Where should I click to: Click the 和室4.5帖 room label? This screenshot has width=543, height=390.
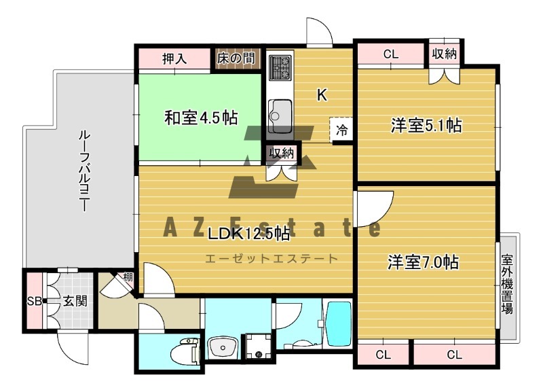tap(201, 118)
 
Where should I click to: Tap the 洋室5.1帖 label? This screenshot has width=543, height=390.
tap(426, 125)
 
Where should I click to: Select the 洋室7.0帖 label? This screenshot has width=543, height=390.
tap(423, 262)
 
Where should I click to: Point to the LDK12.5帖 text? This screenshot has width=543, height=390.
tap(248, 234)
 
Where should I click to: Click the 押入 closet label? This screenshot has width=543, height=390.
tap(174, 58)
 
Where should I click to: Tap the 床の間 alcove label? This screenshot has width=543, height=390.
tap(236, 58)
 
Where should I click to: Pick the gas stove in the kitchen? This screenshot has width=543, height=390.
tap(280, 67)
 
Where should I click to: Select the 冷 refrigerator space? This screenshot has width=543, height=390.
tap(341, 130)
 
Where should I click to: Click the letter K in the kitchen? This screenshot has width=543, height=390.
tap(322, 94)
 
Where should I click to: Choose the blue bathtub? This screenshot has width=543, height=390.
tap(339, 324)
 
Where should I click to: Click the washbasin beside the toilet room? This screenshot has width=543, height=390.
tap(222, 347)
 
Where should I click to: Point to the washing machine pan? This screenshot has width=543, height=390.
tap(259, 347)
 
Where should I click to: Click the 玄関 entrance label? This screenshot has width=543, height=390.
tap(75, 301)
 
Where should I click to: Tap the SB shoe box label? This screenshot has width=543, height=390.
tap(34, 301)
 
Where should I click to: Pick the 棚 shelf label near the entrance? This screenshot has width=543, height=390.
tap(128, 277)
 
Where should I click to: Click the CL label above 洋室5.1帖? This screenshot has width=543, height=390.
tap(391, 54)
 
